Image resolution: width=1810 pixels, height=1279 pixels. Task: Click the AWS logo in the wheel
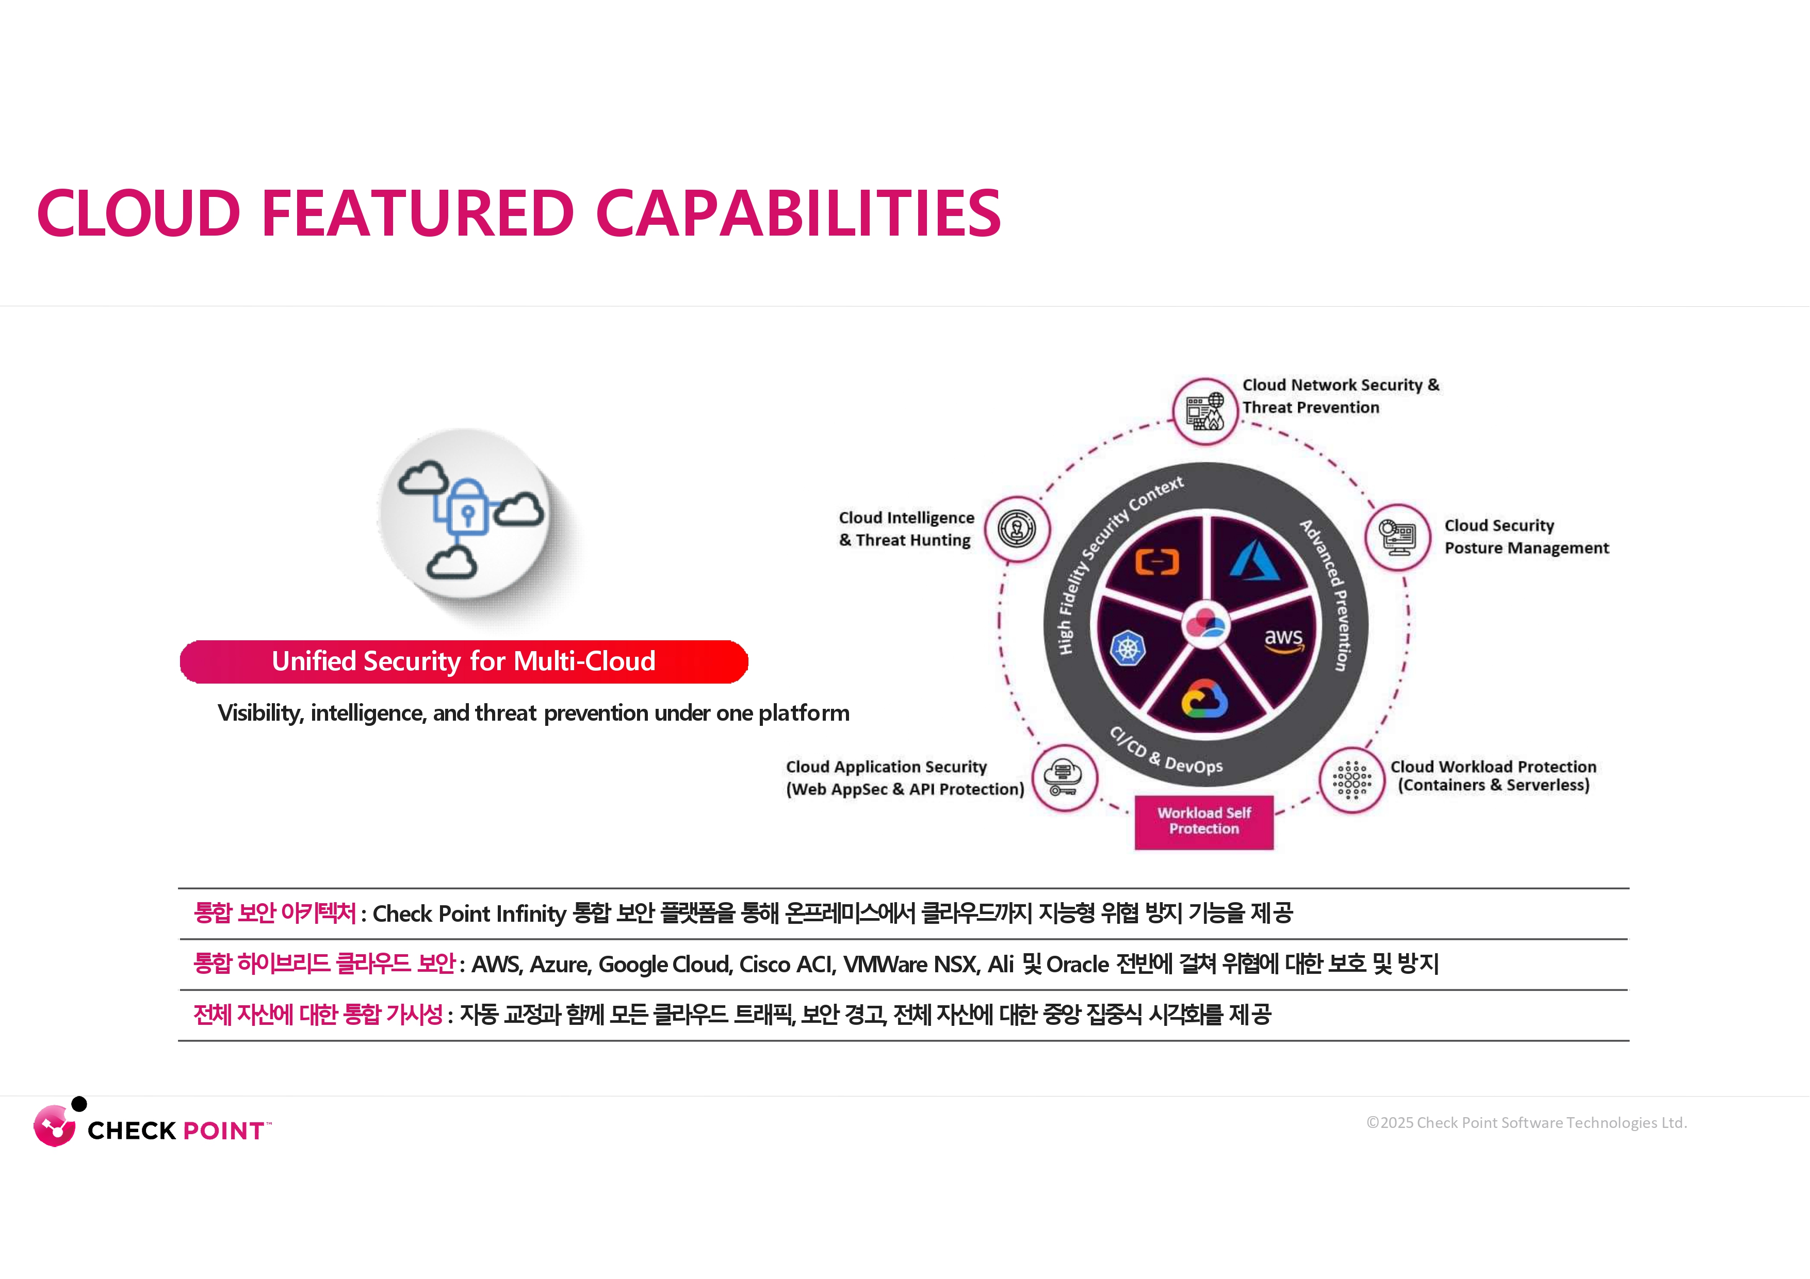(1283, 640)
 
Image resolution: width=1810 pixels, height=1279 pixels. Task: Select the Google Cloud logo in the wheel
(1204, 698)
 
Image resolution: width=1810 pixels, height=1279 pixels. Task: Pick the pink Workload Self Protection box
(1204, 821)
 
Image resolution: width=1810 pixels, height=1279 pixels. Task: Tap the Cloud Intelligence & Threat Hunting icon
(1017, 529)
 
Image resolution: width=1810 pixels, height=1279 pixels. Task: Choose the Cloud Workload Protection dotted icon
(1352, 779)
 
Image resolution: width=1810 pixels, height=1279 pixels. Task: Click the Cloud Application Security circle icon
(1064, 778)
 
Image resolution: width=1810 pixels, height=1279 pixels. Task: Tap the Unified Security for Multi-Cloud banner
(464, 661)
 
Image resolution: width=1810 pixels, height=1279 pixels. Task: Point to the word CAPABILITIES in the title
(798, 213)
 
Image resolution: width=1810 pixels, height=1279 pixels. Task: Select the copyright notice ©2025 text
(1526, 1122)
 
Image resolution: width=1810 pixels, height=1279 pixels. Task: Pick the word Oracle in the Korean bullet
(1078, 964)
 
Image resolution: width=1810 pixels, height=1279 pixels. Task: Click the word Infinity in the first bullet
(531, 913)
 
